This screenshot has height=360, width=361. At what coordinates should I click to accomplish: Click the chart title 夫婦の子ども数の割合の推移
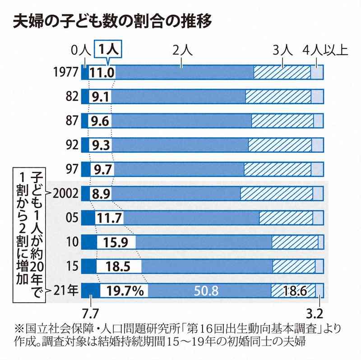(x=112, y=22)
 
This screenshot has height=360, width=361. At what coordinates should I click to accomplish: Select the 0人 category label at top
(x=81, y=50)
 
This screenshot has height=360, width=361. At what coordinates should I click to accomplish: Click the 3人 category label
(x=283, y=50)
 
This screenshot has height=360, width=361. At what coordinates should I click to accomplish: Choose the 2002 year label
(x=65, y=193)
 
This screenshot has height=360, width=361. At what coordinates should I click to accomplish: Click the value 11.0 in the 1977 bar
(x=102, y=73)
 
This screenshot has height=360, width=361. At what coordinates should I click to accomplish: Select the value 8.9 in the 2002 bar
(x=101, y=194)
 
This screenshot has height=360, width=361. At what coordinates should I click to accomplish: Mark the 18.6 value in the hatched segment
(x=296, y=291)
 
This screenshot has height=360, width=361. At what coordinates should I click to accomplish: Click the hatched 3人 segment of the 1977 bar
(x=282, y=73)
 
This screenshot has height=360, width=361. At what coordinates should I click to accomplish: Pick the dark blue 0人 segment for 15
(x=88, y=266)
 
